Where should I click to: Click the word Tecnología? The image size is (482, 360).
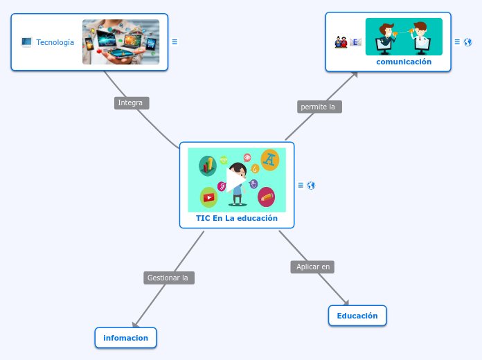(55, 42)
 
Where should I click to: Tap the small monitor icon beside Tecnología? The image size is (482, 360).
(26, 42)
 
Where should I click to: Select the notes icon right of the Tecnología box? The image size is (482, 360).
(175, 42)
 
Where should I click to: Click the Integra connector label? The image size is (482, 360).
(131, 103)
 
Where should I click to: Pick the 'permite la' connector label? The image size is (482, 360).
(319, 107)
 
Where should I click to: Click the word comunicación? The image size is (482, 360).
(404, 62)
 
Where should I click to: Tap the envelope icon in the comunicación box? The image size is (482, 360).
(355, 42)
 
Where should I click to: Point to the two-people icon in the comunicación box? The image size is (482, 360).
(341, 42)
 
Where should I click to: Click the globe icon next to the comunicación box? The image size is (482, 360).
(468, 42)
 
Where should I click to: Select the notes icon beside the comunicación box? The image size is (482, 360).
(457, 42)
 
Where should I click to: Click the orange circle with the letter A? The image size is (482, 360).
(269, 160)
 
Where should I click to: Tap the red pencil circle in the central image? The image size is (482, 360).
(266, 197)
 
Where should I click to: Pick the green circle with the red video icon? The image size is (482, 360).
(208, 197)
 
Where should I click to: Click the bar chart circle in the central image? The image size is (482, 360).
(208, 165)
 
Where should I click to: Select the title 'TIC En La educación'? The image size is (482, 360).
(237, 218)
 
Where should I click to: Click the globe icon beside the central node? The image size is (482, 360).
(311, 186)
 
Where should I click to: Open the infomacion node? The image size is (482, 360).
(126, 338)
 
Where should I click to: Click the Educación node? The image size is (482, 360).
(357, 316)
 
